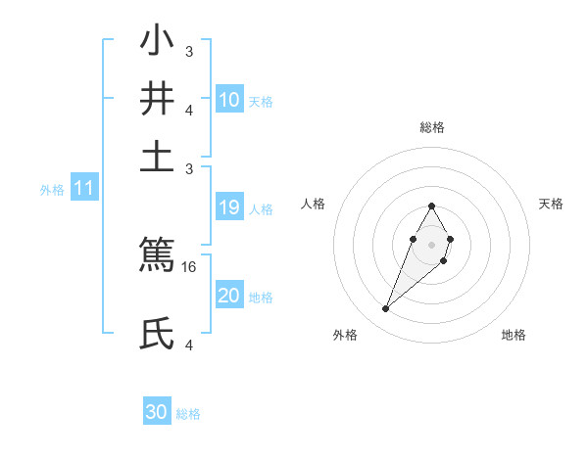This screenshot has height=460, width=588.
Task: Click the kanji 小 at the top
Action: point(158,44)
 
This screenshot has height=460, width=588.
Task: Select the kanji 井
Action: point(158,100)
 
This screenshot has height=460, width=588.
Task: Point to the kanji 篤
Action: point(158,255)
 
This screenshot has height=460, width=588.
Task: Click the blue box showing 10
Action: point(229,99)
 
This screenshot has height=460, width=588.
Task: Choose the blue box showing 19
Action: point(229,207)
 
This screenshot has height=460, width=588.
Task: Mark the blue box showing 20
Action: point(229,296)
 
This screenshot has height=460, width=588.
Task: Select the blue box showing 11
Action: point(83,188)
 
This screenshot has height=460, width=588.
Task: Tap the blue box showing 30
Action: point(157,412)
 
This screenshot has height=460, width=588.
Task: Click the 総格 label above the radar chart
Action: point(431,127)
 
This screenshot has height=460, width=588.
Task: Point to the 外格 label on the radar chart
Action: point(345,335)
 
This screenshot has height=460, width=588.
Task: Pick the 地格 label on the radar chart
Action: point(514,335)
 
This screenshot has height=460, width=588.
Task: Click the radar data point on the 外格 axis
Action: point(386,309)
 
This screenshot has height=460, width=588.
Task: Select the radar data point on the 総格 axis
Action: point(431,206)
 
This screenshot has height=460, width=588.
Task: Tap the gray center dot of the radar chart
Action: point(431,243)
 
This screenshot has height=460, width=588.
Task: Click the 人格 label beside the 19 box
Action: point(261,208)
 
